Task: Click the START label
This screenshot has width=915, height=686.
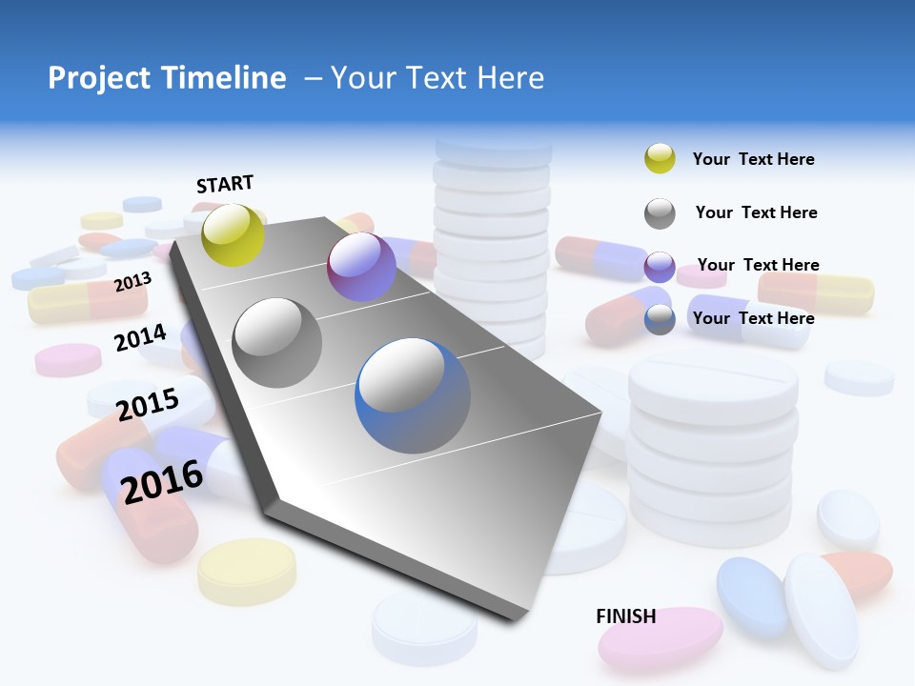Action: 225,184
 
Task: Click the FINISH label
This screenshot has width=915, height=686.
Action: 626,616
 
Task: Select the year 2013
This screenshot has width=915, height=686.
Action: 132,282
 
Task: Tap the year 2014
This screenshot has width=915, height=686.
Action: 140,337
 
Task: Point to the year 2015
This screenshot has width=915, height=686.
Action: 148,404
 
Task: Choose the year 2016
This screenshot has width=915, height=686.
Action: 162,482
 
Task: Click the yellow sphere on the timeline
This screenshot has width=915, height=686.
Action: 234,234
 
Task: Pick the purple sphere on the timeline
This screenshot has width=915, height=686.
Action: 361,267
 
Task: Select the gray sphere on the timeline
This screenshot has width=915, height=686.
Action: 277,343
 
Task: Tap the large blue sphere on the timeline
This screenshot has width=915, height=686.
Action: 413,395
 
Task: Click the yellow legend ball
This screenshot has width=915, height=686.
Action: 660,159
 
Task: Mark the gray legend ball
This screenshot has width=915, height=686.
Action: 660,213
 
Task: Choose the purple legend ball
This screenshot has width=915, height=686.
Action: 660,267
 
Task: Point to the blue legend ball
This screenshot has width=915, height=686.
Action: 660,319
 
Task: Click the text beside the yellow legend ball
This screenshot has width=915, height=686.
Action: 753,159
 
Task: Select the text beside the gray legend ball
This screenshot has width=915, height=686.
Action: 756,212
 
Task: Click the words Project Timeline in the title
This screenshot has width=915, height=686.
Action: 167,78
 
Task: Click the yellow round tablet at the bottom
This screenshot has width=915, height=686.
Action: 247,570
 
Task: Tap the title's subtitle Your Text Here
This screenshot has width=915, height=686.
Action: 437,78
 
